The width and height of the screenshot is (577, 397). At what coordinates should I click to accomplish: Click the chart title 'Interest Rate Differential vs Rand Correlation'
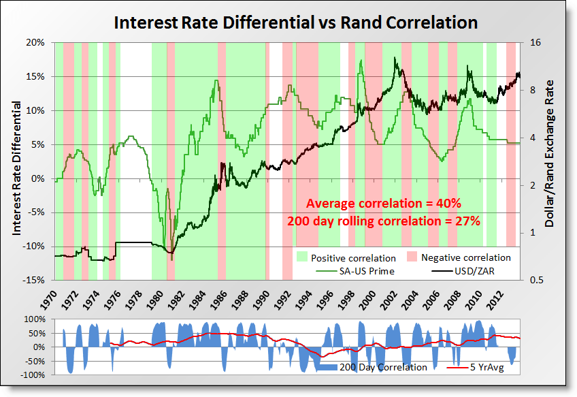point(295,22)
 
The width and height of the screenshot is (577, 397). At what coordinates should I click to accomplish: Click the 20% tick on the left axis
point(35,42)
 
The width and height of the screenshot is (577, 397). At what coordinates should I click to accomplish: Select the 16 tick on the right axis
point(534,42)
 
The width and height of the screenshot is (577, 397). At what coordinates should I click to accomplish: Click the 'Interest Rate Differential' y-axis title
point(16,161)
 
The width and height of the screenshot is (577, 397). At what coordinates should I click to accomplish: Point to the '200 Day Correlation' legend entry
point(383,367)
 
